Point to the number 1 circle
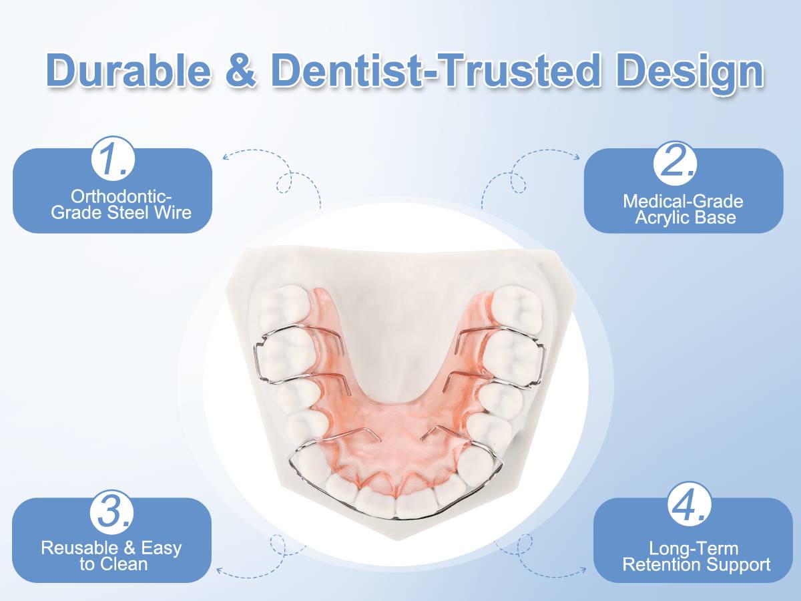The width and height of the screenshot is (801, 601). click(x=113, y=160)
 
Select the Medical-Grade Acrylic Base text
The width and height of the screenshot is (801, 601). click(x=683, y=209)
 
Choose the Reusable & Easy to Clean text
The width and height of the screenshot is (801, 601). click(x=111, y=556)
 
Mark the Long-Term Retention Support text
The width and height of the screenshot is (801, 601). click(x=696, y=557)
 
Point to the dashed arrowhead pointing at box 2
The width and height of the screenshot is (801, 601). click(x=576, y=156)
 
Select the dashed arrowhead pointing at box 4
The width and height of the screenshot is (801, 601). click(x=582, y=570)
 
